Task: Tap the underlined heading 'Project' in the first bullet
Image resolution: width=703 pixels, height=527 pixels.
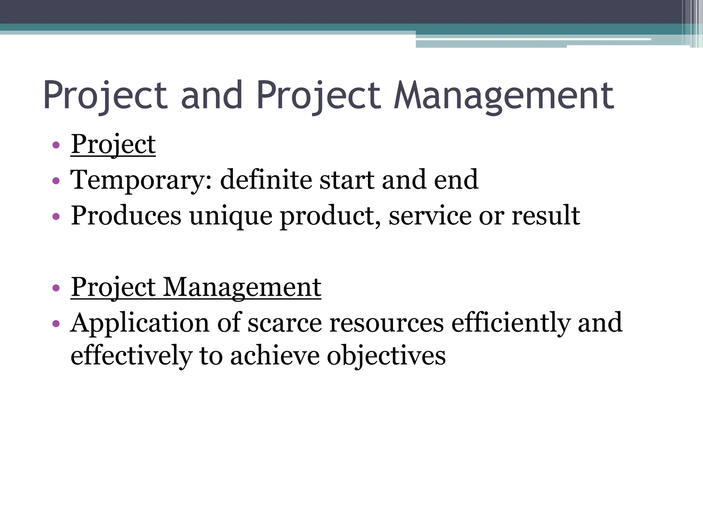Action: click(x=113, y=144)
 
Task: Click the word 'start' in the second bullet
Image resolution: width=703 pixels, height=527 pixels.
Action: click(x=347, y=180)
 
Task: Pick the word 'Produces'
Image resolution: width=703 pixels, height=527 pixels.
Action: click(x=126, y=216)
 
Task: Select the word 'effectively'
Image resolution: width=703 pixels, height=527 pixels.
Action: click(x=131, y=356)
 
